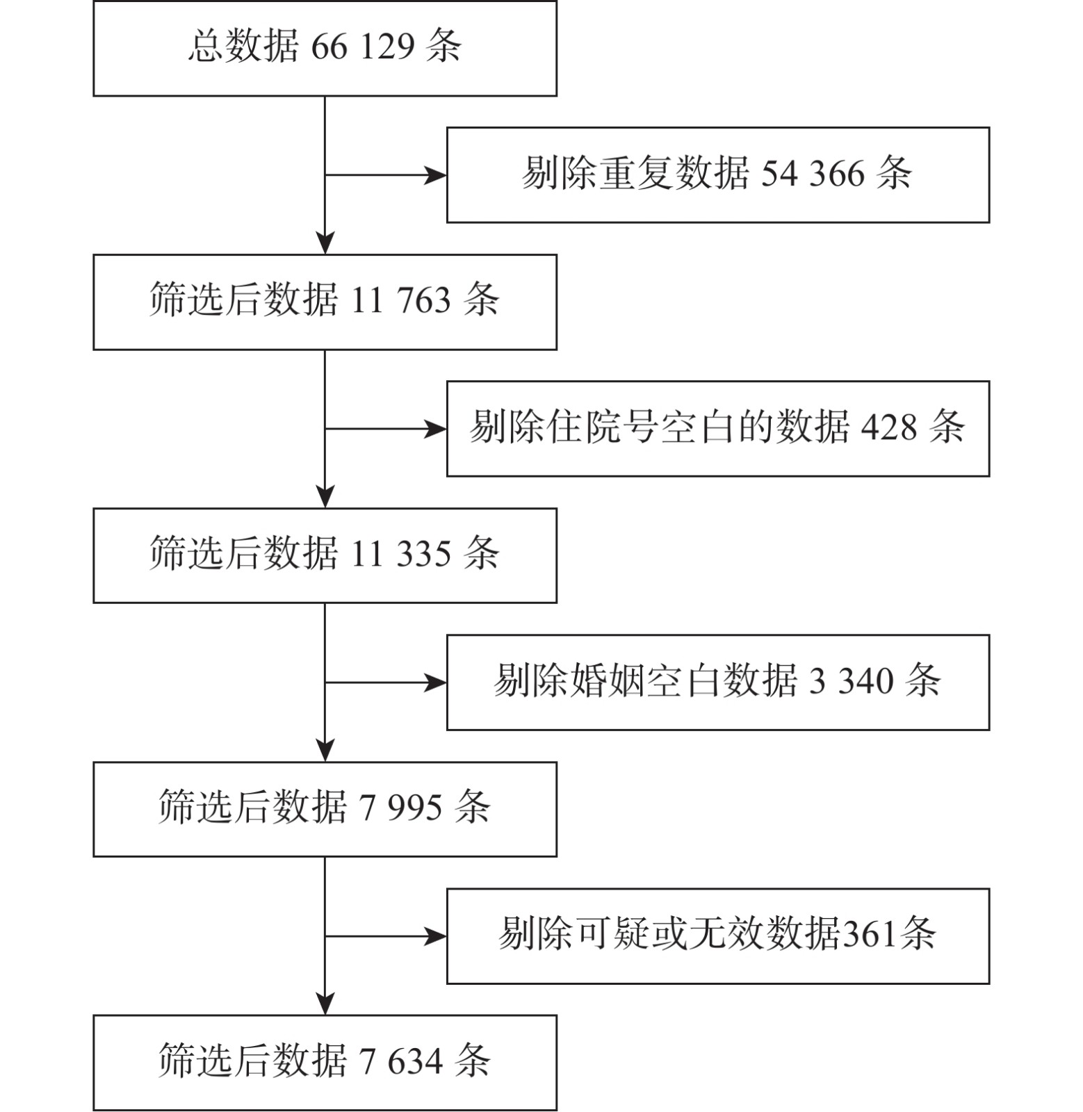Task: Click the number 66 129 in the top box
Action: [363, 47]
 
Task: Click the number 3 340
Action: [851, 680]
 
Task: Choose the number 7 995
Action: [400, 808]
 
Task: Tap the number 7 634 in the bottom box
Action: [400, 1061]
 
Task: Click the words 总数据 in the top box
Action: [243, 47]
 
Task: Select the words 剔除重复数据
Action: [635, 173]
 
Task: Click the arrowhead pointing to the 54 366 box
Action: [436, 175]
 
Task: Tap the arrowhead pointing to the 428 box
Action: [436, 429]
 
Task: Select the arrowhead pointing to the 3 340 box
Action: [436, 682]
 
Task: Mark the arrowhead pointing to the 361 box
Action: [436, 936]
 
